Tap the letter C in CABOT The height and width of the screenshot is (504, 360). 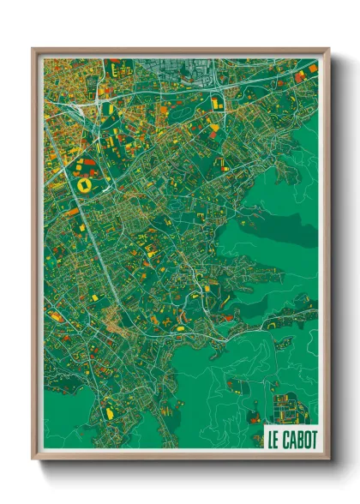pos(286,440)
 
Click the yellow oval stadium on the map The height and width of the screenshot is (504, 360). pos(85,183)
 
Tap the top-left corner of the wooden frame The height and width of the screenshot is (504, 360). pos(33,50)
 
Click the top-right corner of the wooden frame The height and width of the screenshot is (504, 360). pos(327,50)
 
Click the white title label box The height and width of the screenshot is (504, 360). pos(291,440)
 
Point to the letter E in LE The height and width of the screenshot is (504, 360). pos(277,440)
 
